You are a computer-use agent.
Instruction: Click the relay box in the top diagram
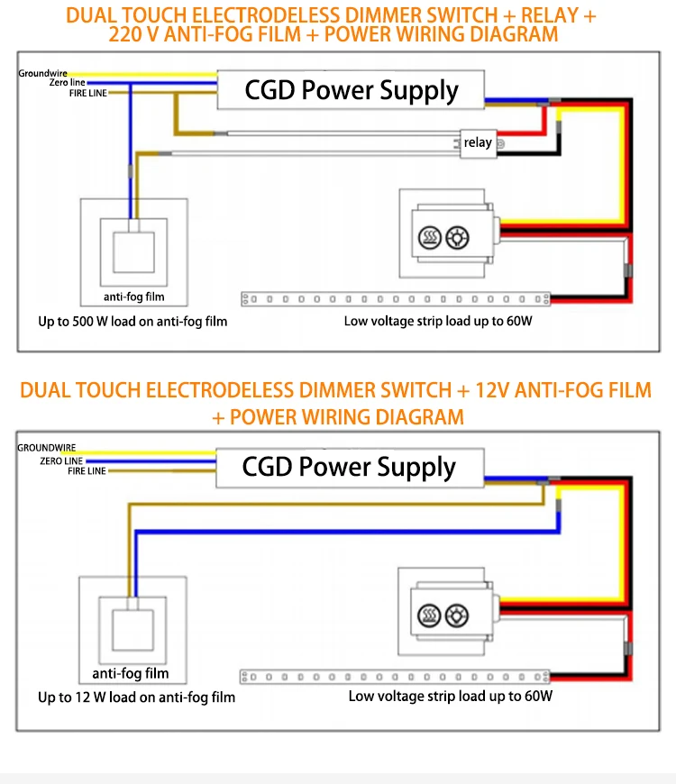(478, 143)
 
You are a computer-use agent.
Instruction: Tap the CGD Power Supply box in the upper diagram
(351, 90)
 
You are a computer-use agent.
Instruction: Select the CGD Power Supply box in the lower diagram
(350, 468)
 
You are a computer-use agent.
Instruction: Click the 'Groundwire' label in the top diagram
(42, 74)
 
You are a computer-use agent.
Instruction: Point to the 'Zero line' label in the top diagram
(67, 83)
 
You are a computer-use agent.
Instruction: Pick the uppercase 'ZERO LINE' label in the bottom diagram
(61, 461)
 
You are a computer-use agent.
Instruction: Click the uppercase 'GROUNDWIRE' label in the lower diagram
(47, 448)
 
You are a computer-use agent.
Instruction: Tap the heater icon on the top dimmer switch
(430, 238)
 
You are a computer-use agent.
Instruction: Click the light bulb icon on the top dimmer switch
(458, 238)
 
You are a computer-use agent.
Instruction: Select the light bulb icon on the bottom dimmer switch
(457, 615)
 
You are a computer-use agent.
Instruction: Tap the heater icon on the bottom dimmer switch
(429, 615)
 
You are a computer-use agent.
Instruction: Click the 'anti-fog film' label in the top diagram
(134, 297)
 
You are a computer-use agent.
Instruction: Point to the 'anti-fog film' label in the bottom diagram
(131, 673)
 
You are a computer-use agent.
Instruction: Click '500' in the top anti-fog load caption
(83, 322)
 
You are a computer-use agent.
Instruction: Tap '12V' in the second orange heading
(492, 390)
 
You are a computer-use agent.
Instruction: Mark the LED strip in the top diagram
(396, 299)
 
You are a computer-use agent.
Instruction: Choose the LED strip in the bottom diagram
(395, 677)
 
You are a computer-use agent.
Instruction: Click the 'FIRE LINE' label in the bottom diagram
(87, 471)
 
